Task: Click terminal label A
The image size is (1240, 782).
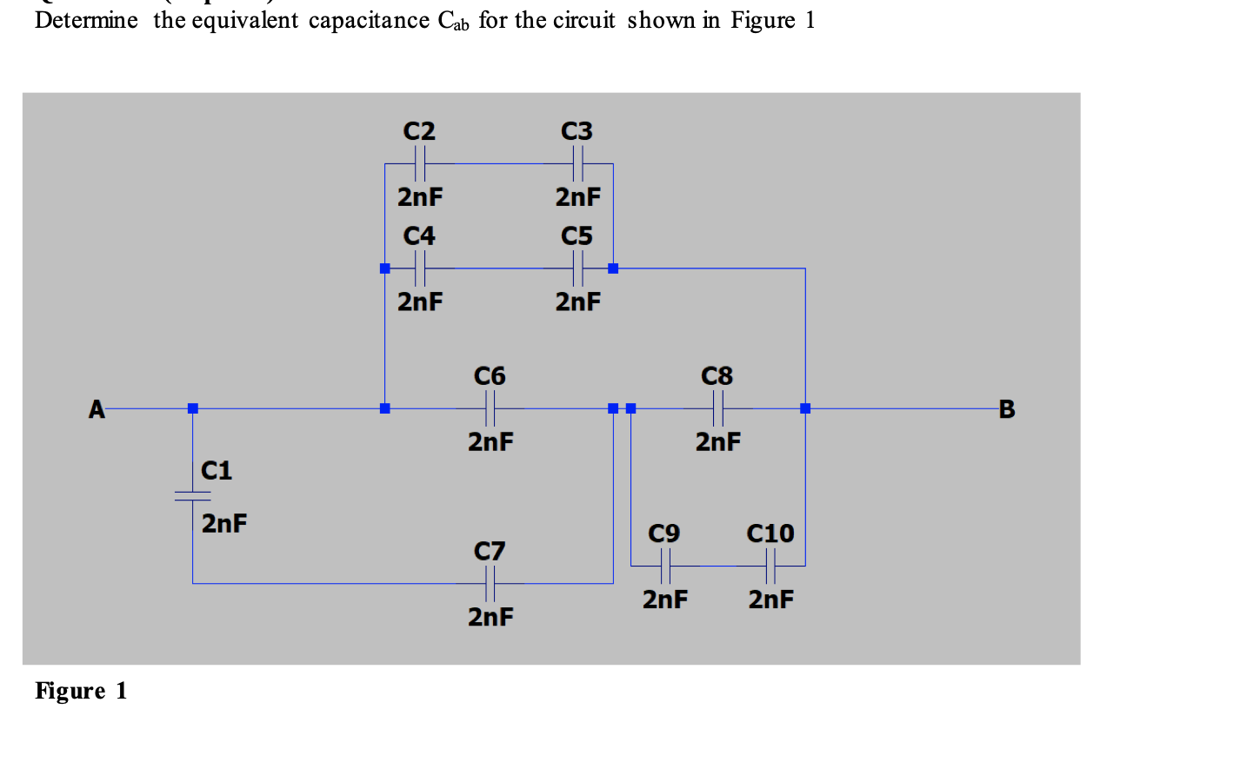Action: tap(97, 409)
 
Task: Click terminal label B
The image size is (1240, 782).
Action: tap(1007, 409)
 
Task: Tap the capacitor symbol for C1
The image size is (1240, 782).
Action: tap(192, 496)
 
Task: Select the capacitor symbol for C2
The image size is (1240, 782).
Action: tap(420, 163)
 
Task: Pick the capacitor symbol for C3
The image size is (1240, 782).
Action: tap(577, 163)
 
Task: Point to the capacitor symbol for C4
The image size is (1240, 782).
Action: tap(420, 268)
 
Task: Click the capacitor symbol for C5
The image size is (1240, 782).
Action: tap(577, 268)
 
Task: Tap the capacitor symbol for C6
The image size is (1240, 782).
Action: tap(490, 408)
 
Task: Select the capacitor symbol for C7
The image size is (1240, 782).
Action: tap(490, 583)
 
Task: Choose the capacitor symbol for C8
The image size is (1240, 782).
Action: tap(717, 408)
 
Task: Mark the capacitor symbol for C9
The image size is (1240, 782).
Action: tap(665, 567)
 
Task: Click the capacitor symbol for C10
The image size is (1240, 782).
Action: tap(770, 567)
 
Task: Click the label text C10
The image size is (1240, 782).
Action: tap(770, 533)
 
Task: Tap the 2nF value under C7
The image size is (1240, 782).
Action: tap(490, 617)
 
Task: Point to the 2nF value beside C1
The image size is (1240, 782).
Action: tap(224, 524)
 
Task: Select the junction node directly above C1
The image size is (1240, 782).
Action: tap(193, 408)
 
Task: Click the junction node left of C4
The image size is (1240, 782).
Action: tap(385, 268)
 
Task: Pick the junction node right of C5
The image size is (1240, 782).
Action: tap(613, 268)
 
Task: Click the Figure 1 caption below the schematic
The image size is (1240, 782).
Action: tap(81, 691)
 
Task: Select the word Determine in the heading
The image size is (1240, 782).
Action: tap(86, 20)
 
